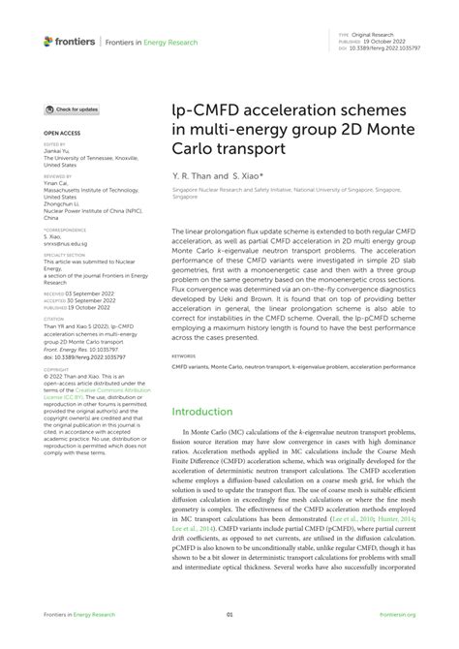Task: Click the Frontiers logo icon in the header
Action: (48, 42)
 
